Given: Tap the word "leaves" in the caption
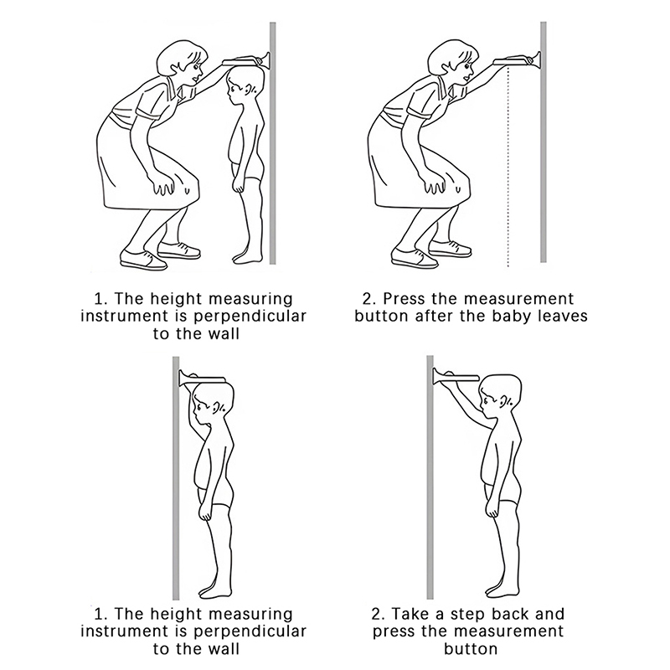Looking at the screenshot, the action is [x=564, y=317].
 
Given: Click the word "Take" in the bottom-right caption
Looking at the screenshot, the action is [x=411, y=614].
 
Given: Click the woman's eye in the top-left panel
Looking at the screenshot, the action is [x=196, y=67].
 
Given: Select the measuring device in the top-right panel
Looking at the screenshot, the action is [x=517, y=60].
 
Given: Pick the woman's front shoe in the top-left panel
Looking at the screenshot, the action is [x=143, y=259].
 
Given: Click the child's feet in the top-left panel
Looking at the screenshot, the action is [x=247, y=255].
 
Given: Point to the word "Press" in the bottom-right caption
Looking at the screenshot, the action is [x=394, y=631].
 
